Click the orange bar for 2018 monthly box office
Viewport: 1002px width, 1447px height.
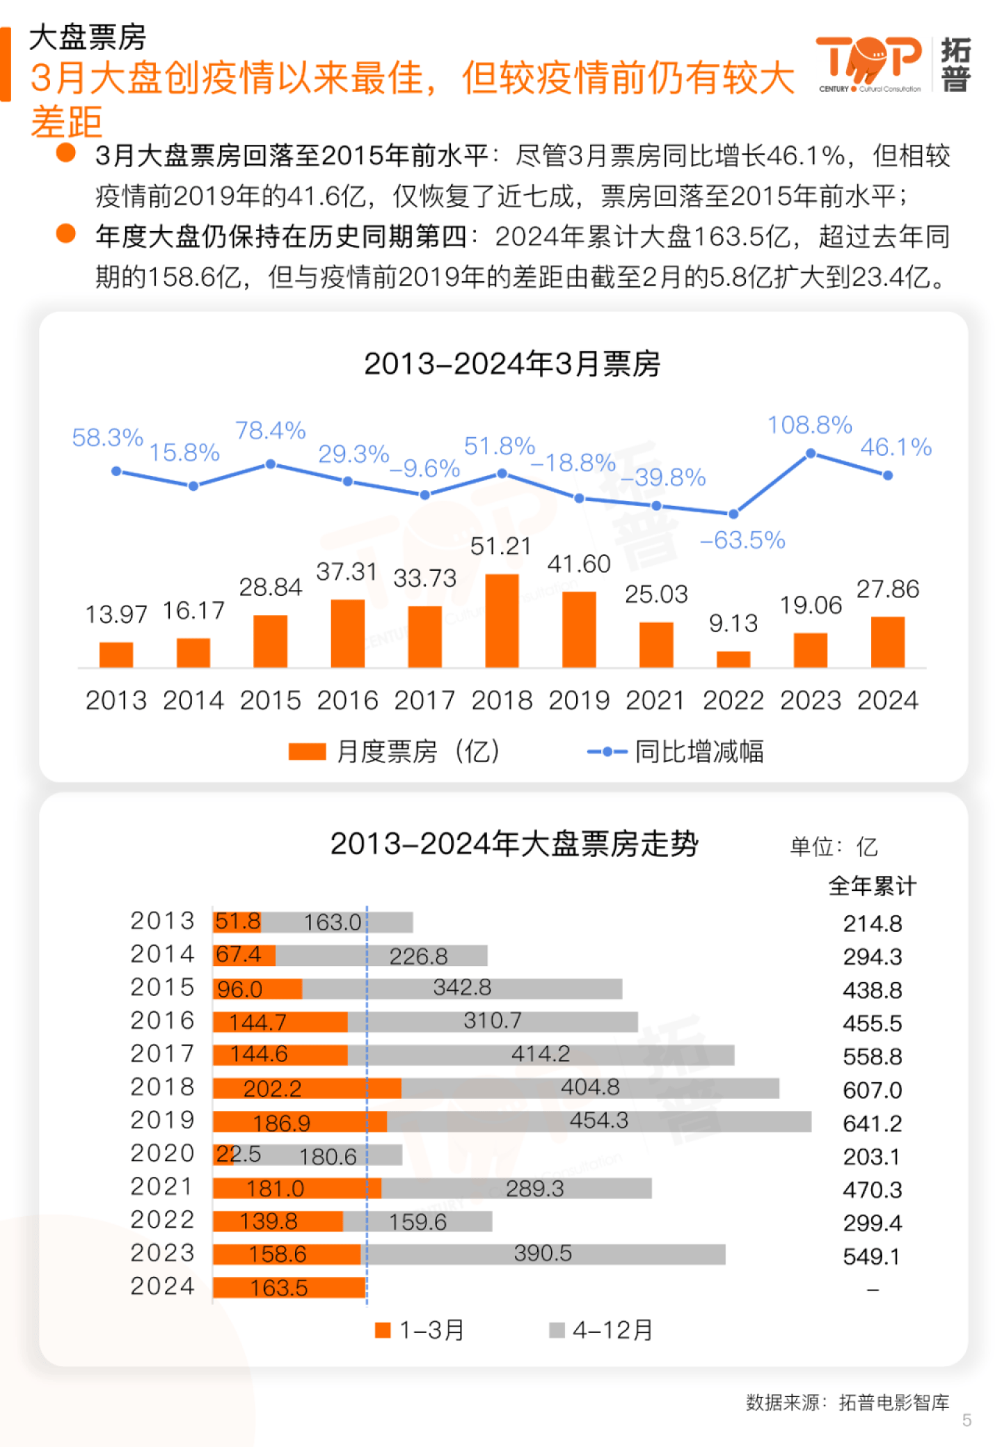pyautogui.click(x=502, y=621)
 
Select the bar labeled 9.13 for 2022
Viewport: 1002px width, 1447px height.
pyautogui.click(x=733, y=659)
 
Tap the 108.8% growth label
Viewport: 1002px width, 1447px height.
pyautogui.click(x=809, y=425)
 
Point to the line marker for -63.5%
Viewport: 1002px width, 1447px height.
pyautogui.click(x=733, y=514)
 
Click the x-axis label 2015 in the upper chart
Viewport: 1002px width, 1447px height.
pyautogui.click(x=270, y=700)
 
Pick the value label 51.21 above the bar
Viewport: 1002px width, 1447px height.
pyautogui.click(x=500, y=546)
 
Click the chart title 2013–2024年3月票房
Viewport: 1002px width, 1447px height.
pyautogui.click(x=512, y=364)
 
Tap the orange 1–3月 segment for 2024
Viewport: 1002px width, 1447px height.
pyautogui.click(x=289, y=1288)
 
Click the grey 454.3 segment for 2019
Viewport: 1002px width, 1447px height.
pyautogui.click(x=598, y=1121)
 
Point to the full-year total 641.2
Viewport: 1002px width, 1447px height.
pyautogui.click(x=872, y=1123)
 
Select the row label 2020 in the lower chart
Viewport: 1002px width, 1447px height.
pyautogui.click(x=162, y=1153)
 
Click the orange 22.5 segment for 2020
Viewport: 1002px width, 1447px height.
pyautogui.click(x=221, y=1155)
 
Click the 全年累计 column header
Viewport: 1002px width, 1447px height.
pyautogui.click(x=872, y=886)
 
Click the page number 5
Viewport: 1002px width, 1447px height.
pyautogui.click(x=967, y=1420)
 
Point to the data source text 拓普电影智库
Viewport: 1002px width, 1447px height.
pyautogui.click(x=893, y=1402)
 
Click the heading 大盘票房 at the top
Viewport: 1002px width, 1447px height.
pyautogui.click(x=88, y=38)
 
